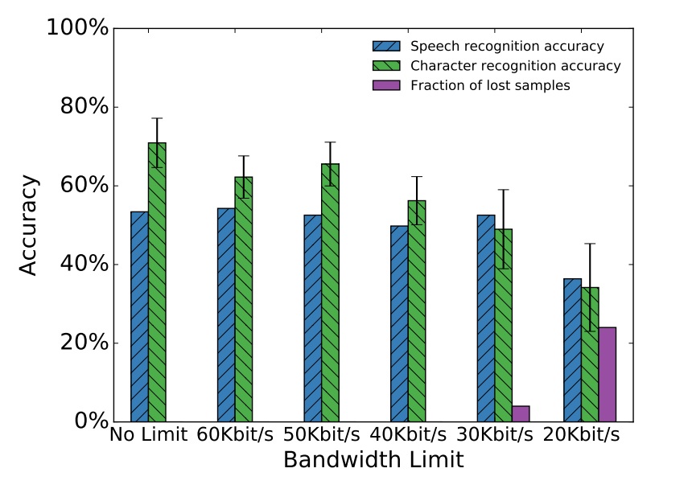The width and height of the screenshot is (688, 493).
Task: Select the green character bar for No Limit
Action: [x=157, y=282]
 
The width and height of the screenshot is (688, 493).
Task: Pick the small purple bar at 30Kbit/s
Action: [x=521, y=413]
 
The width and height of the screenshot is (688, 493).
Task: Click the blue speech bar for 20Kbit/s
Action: [x=572, y=350]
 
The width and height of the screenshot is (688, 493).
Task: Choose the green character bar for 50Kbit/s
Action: [x=330, y=293]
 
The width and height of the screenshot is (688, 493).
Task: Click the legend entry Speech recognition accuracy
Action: [x=506, y=46]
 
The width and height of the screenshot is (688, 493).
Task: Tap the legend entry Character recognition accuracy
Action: [x=515, y=66]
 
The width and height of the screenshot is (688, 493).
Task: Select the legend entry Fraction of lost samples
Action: [x=489, y=86]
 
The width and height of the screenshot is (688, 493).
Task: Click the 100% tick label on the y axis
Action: [x=77, y=28]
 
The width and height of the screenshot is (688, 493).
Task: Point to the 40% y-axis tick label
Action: [x=84, y=265]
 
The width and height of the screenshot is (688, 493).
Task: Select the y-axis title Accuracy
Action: [x=28, y=225]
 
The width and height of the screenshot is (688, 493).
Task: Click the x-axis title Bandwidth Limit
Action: [x=373, y=461]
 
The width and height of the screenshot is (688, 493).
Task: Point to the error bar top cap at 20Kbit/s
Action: [x=590, y=243]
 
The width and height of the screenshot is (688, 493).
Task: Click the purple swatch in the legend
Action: [x=386, y=86]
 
